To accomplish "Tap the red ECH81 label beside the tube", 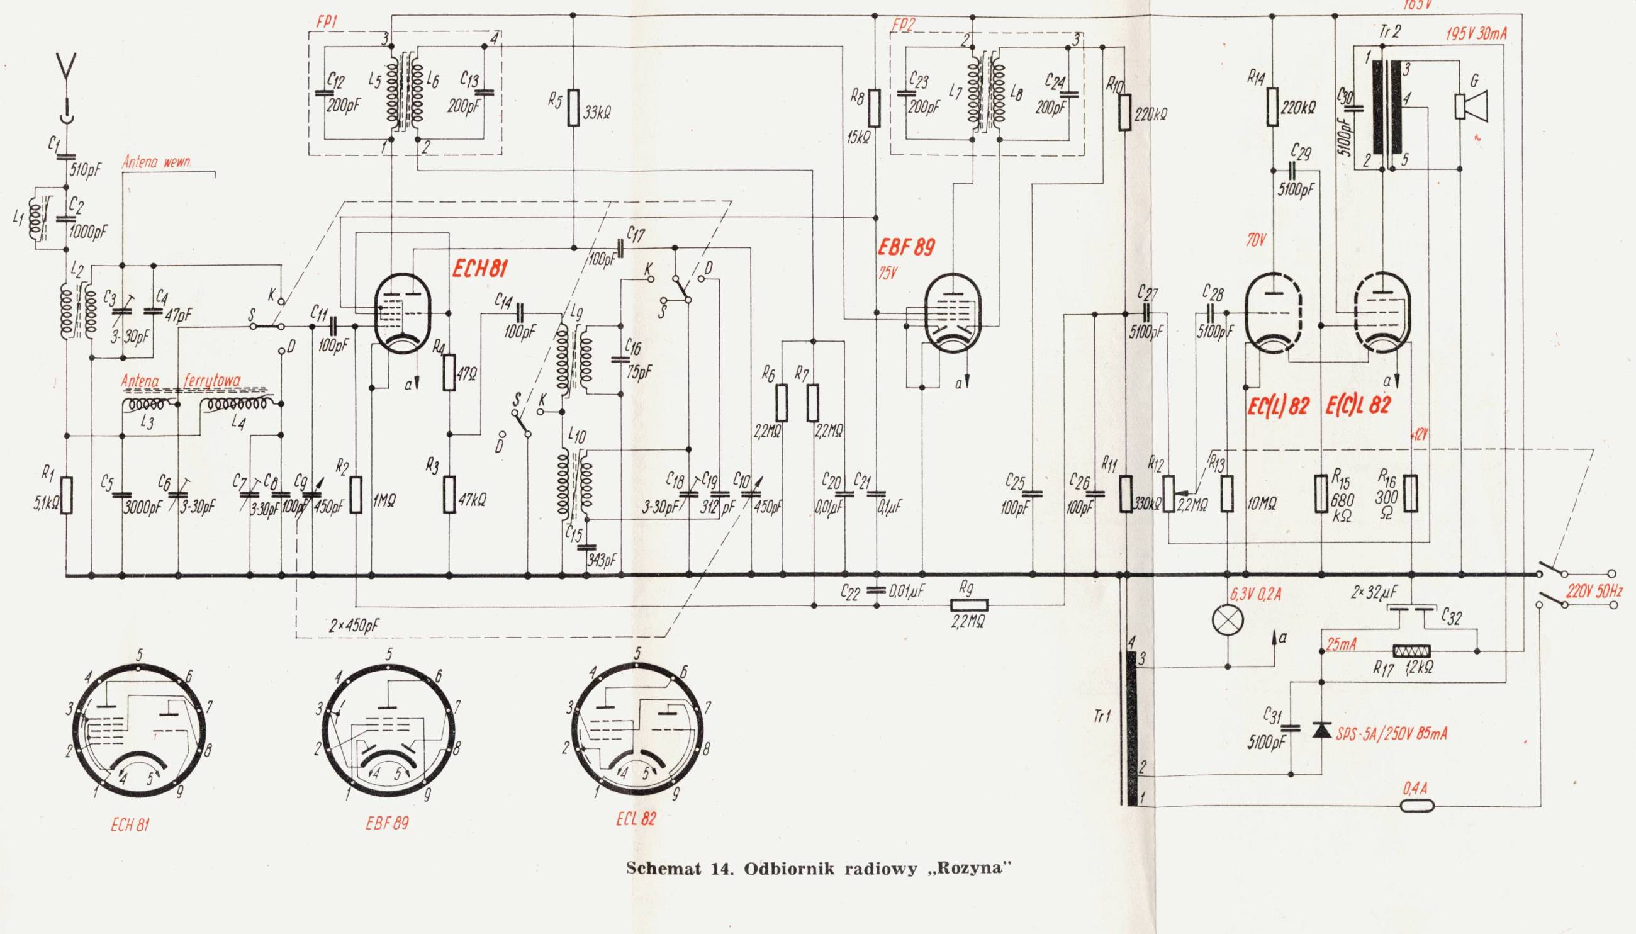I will pyautogui.click(x=479, y=269).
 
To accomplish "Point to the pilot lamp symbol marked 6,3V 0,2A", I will pyautogui.click(x=1228, y=620).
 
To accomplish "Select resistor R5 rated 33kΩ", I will pyautogui.click(x=573, y=108).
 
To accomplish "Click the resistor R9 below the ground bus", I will pyautogui.click(x=969, y=605).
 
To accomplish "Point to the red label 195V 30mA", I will pyautogui.click(x=1476, y=34).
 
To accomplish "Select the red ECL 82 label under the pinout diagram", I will pyautogui.click(x=636, y=819).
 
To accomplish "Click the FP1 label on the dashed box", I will pyautogui.click(x=327, y=21).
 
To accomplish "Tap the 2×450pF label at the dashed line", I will pyautogui.click(x=355, y=626).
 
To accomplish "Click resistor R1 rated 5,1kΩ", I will pyautogui.click(x=67, y=495).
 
